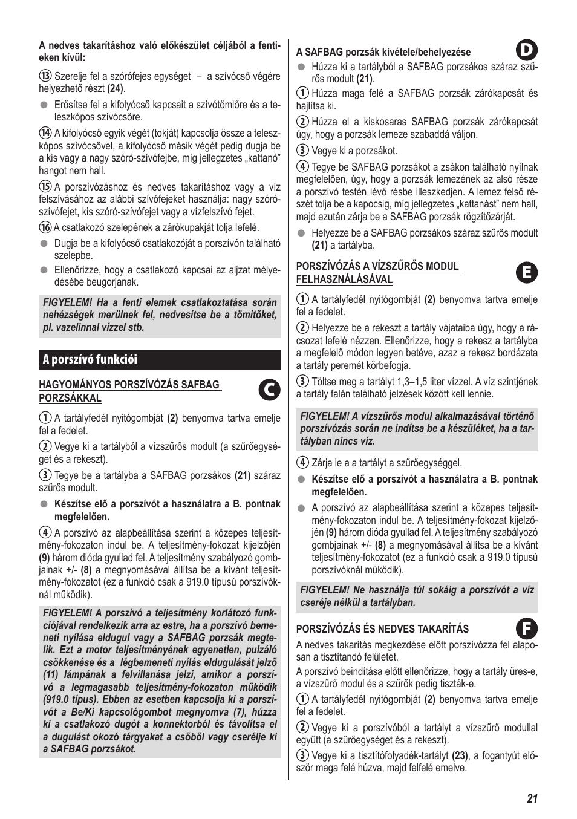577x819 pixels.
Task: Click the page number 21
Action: [x=532, y=798]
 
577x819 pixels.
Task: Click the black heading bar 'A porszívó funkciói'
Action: [x=160, y=359]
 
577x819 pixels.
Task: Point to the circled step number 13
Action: [x=45, y=76]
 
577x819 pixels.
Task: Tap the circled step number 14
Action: [x=45, y=133]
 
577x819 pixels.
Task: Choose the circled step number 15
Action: [x=45, y=187]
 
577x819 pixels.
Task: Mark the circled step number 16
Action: [x=45, y=227]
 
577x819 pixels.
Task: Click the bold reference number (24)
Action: [x=116, y=89]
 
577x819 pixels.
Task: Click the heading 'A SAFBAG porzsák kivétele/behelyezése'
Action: [x=383, y=53]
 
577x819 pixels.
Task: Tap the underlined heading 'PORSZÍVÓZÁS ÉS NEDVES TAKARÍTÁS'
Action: [x=382, y=629]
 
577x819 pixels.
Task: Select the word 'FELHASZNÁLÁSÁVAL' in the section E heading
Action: [x=344, y=279]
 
